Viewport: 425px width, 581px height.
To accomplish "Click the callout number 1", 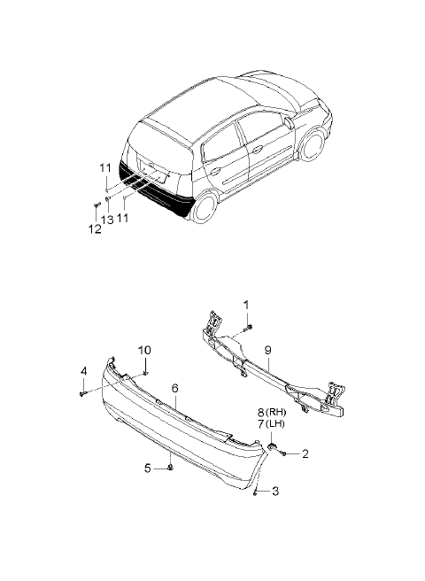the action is click(x=246, y=305).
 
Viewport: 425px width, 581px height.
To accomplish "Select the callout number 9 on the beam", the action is click(x=268, y=350).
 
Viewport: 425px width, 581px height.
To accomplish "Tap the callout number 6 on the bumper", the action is click(x=175, y=388).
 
